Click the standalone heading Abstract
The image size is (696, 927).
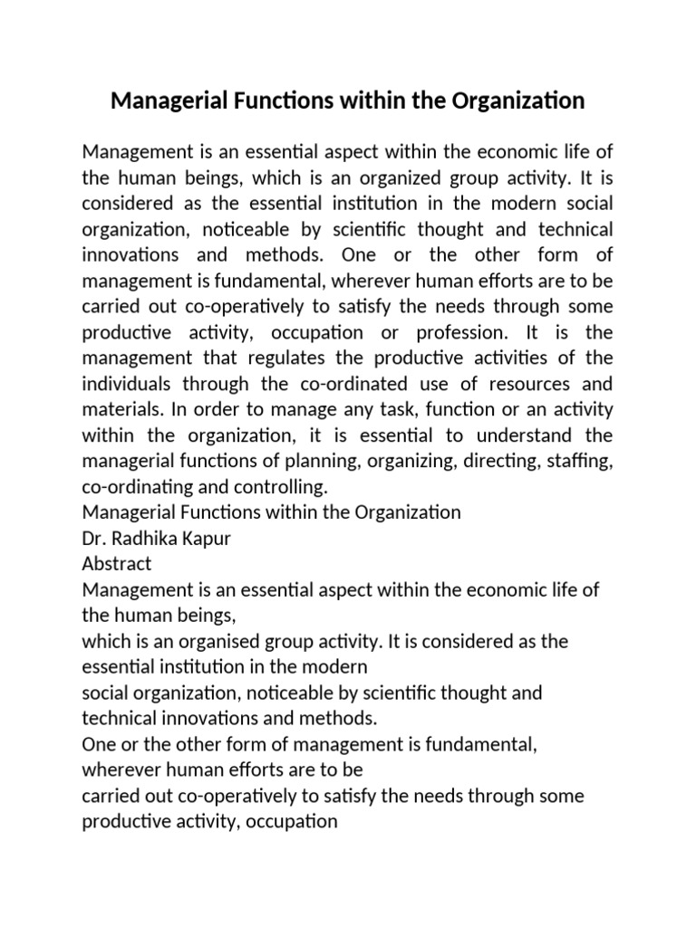point(117,562)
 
